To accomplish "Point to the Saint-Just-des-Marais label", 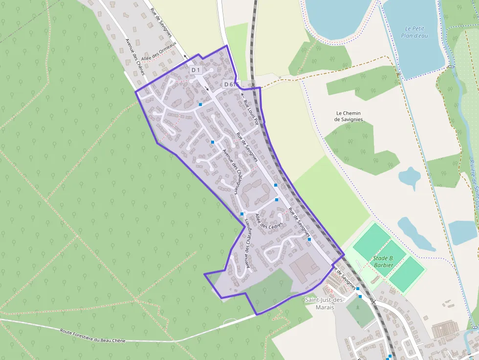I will click(x=324, y=303).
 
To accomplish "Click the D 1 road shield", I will click(x=196, y=70).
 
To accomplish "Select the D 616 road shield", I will click(x=231, y=85).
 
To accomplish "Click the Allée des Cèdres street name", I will click(x=269, y=220).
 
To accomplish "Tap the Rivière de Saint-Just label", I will click(x=473, y=186).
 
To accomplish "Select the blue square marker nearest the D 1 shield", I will click(x=200, y=104).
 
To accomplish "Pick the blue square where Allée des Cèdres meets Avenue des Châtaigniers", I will click(x=242, y=214).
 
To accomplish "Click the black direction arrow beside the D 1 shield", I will click(x=207, y=89).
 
